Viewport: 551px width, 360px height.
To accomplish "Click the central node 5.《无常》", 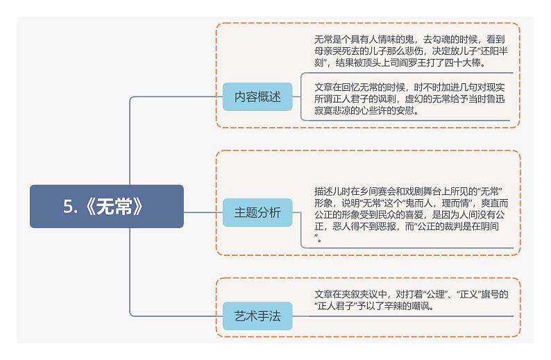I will coord(106,206).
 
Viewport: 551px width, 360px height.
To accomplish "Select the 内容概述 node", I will coord(257,97).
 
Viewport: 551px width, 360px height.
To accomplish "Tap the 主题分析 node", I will coord(257,212).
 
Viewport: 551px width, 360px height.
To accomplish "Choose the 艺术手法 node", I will coord(257,316).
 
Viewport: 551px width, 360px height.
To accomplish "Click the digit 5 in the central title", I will coord(69,206).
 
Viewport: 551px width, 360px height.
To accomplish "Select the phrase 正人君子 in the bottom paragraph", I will coord(337,306).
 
